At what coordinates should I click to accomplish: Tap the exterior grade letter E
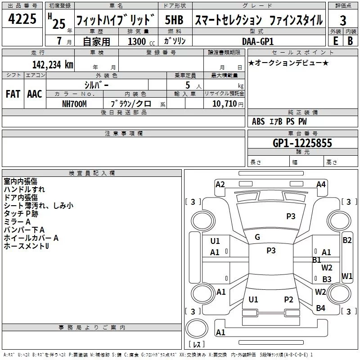[x=335, y=41]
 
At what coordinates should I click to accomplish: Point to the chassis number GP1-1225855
[x=302, y=143]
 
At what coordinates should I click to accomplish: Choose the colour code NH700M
[x=74, y=103]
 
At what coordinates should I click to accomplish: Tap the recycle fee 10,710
[x=224, y=103]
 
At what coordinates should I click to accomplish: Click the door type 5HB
[x=174, y=20]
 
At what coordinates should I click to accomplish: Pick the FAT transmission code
[x=13, y=94]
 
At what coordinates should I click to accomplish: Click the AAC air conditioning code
[x=34, y=94]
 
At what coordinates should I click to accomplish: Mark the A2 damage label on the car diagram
[x=220, y=184]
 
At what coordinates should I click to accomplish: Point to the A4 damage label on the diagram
[x=321, y=184]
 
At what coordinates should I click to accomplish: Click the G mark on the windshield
[x=257, y=237]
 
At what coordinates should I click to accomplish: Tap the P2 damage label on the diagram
[x=288, y=299]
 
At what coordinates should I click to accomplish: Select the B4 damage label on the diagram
[x=320, y=308]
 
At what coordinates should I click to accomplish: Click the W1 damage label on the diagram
[x=347, y=276]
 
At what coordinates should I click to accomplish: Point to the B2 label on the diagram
[x=347, y=240]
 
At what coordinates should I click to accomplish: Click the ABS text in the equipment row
[x=258, y=121]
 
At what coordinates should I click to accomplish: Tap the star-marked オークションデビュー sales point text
[x=288, y=63]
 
